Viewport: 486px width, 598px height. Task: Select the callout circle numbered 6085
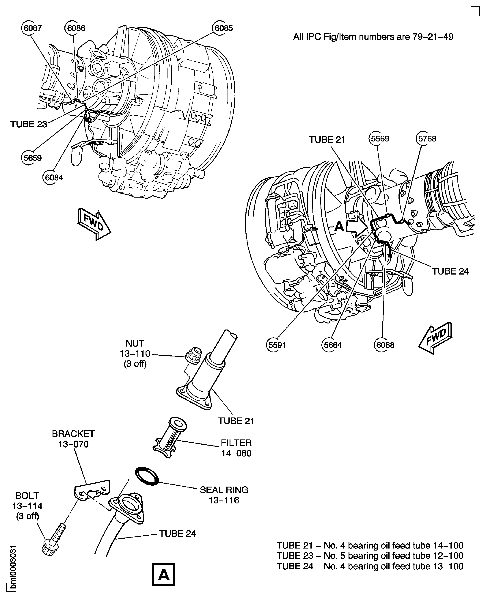point(223,28)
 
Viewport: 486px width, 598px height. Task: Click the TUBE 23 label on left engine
point(29,124)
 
